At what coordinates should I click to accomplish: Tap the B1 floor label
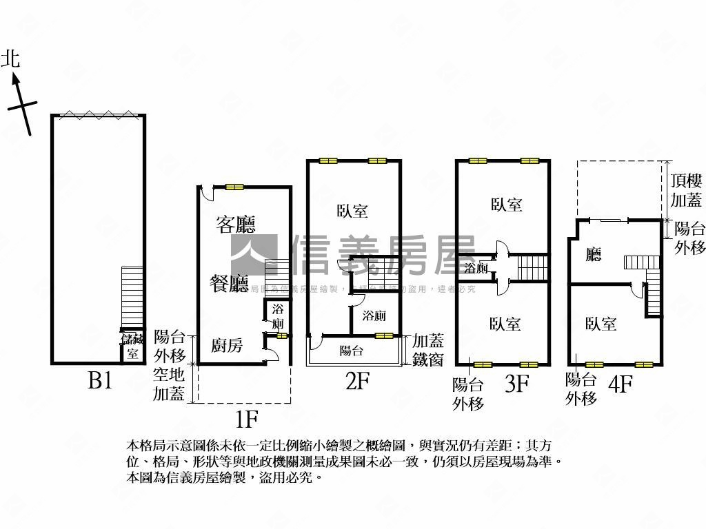pyautogui.click(x=100, y=381)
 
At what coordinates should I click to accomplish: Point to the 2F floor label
pyautogui.click(x=357, y=381)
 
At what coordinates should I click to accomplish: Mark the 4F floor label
pyautogui.click(x=620, y=384)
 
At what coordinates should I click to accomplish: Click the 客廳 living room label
pyautogui.click(x=236, y=225)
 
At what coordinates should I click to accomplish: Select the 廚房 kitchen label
pyautogui.click(x=226, y=346)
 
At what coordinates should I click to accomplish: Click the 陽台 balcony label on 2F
pyautogui.click(x=352, y=351)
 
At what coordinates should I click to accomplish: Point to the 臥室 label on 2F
pyautogui.click(x=352, y=211)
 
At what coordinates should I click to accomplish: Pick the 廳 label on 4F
pyautogui.click(x=594, y=255)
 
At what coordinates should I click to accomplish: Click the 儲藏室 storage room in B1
pyautogui.click(x=132, y=346)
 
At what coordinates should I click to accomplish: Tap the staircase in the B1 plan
pyautogui.click(x=132, y=297)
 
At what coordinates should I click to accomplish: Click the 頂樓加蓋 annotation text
pyautogui.click(x=686, y=191)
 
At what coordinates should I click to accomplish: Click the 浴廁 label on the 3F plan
pyautogui.click(x=476, y=267)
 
